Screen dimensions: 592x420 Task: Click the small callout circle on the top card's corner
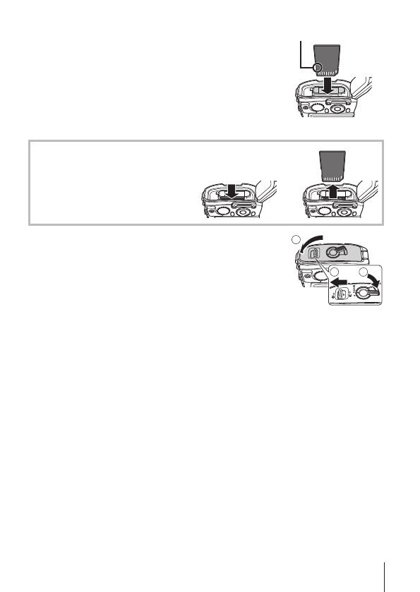pyautogui.click(x=317, y=68)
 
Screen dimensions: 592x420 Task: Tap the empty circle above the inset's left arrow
pyautogui.click(x=337, y=273)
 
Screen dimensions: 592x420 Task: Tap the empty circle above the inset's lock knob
pyautogui.click(x=364, y=272)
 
